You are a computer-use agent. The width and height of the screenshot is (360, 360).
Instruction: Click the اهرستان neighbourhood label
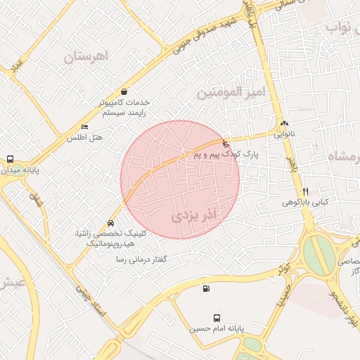pos(89,58)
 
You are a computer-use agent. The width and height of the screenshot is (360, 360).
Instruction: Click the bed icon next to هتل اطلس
pos(85,127)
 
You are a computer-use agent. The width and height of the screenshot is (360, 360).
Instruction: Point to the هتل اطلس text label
pos(84,138)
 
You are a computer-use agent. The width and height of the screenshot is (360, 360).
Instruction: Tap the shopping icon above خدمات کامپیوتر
pos(124,91)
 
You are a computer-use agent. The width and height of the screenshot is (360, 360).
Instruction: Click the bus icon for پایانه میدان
pos(10,159)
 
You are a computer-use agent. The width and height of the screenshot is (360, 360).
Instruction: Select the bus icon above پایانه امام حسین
pos(216,318)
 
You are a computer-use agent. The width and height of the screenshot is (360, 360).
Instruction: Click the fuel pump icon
pos(205,288)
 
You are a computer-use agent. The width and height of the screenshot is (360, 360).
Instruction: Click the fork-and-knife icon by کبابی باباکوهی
pos(305,191)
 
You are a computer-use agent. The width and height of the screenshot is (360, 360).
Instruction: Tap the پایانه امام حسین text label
pos(216,328)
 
